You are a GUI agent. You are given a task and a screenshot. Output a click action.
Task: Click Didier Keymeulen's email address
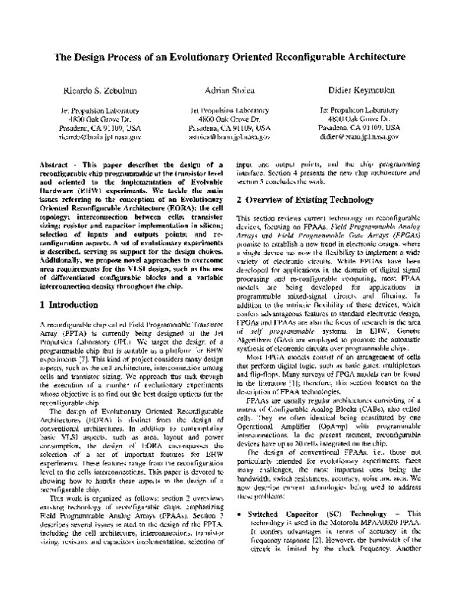360,137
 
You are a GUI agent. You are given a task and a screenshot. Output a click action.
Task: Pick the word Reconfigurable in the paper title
301,57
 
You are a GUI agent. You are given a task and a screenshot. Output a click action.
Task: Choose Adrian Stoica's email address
230,137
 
